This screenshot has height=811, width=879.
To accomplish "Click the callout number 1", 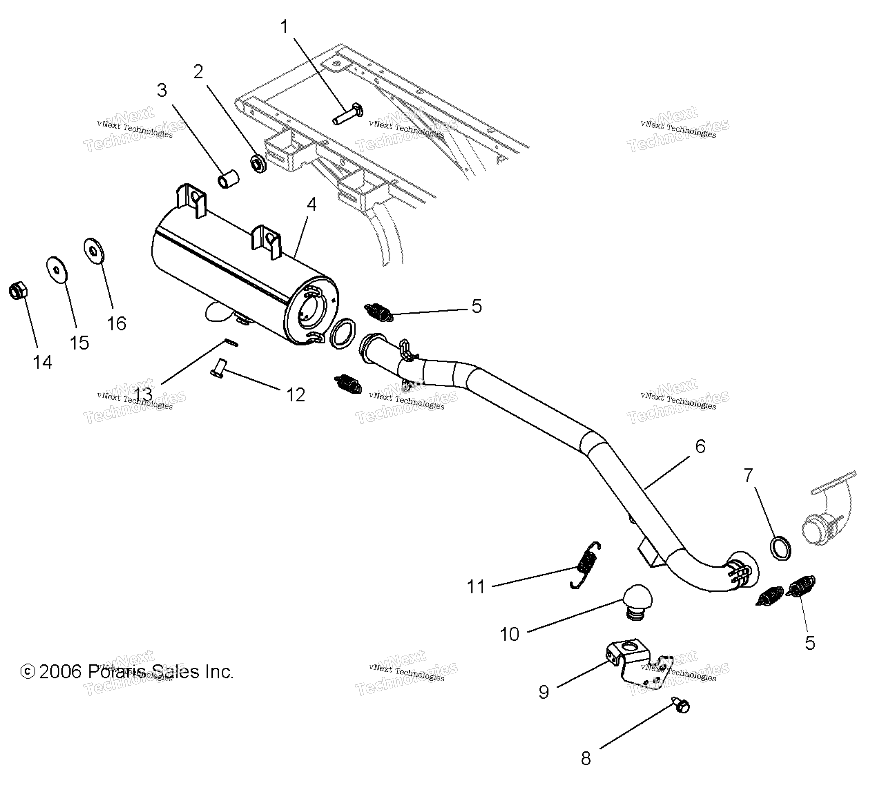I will (x=284, y=27).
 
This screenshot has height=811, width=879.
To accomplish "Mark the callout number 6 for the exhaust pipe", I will (x=700, y=446).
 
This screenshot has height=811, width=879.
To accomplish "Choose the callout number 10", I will (x=509, y=634).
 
